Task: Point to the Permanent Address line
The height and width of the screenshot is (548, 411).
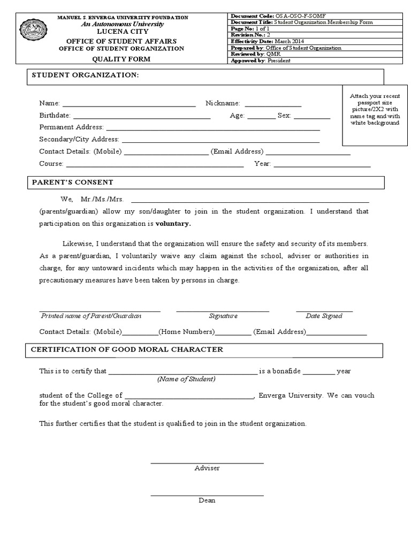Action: click(x=213, y=128)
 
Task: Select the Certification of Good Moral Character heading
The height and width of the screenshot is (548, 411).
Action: click(x=127, y=349)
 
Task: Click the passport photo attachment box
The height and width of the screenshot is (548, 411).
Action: click(x=375, y=115)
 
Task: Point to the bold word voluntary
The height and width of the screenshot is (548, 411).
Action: click(x=173, y=223)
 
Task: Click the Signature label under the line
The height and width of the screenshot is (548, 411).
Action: click(x=223, y=316)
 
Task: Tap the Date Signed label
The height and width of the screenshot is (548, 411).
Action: click(x=324, y=316)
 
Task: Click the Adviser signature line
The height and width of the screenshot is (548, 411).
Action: click(x=207, y=462)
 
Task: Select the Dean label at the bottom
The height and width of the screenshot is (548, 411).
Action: click(x=207, y=500)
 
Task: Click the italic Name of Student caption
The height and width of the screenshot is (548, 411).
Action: click(x=186, y=379)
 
